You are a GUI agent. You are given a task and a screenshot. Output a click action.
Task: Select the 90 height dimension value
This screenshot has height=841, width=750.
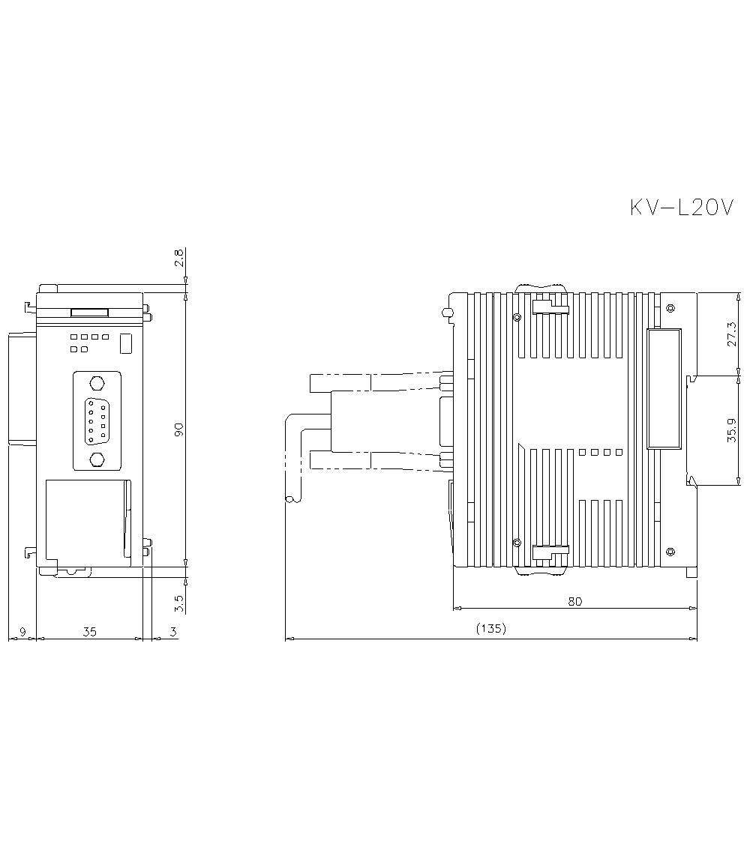pyautogui.click(x=179, y=429)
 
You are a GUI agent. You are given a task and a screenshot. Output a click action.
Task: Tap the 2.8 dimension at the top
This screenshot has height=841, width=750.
pyautogui.click(x=179, y=258)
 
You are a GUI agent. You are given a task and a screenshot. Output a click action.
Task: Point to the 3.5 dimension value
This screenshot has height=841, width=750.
pyautogui.click(x=179, y=603)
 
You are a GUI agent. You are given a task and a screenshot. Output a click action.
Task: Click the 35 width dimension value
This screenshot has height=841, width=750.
pyautogui.click(x=89, y=632)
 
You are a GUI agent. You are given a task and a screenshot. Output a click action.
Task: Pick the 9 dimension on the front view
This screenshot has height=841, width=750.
pyautogui.click(x=22, y=632)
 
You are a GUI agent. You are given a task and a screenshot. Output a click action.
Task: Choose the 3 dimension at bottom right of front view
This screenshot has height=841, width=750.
pyautogui.click(x=173, y=632)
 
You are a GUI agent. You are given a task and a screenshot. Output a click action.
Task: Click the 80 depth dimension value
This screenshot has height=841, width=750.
pyautogui.click(x=574, y=601)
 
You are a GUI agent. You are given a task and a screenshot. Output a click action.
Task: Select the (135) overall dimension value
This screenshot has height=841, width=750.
pyautogui.click(x=491, y=628)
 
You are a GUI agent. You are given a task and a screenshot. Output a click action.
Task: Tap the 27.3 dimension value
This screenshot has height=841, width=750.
pyautogui.click(x=732, y=334)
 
